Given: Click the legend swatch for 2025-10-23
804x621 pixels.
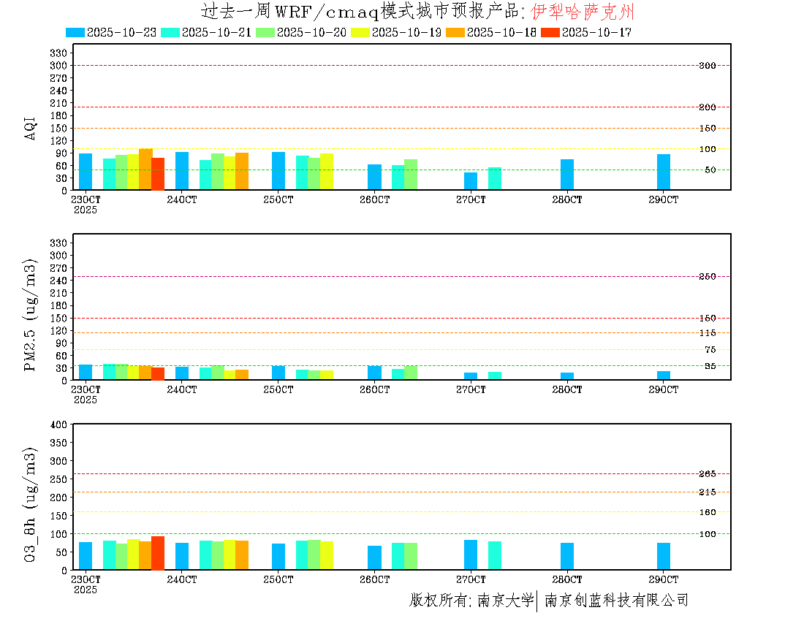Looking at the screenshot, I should (x=75, y=32).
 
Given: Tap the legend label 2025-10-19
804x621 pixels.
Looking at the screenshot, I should (x=406, y=32).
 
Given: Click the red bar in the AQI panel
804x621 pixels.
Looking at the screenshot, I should (x=157, y=174).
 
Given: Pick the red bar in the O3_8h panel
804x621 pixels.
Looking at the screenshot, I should (x=157, y=553).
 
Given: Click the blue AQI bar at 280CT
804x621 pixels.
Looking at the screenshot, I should (x=567, y=175).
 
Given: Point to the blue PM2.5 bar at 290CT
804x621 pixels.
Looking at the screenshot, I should (x=663, y=376).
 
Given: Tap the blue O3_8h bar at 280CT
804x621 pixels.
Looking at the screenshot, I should (x=567, y=556).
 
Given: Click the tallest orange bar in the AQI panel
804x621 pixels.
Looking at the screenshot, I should (x=145, y=169).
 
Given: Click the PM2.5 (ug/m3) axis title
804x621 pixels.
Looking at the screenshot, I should (x=31, y=315).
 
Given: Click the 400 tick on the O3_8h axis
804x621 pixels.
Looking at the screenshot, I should (x=59, y=424).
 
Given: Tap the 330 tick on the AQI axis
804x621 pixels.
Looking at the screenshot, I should (x=59, y=53).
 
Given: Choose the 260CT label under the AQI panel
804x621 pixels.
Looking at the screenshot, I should (x=374, y=199).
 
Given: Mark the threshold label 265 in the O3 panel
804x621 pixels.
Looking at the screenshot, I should (x=707, y=474).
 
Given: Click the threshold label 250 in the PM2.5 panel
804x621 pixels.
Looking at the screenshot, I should (x=707, y=276).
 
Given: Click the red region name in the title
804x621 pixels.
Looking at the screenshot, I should (x=582, y=11).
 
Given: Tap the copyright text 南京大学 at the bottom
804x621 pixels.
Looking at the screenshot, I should (x=505, y=601).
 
